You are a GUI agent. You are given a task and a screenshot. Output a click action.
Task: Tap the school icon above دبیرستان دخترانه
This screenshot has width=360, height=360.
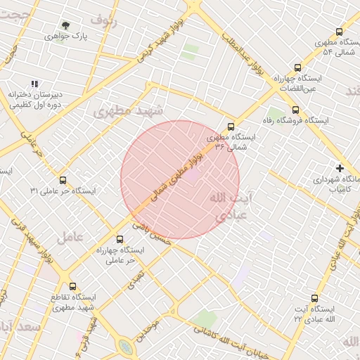click(35, 84)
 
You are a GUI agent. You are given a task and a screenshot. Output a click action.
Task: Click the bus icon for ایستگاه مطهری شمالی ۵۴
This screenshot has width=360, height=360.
click(340, 32)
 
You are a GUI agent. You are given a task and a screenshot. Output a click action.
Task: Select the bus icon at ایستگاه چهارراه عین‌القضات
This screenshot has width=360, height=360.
click(297, 68)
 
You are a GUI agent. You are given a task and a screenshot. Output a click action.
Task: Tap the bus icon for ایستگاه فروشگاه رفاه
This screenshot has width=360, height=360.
click(295, 110)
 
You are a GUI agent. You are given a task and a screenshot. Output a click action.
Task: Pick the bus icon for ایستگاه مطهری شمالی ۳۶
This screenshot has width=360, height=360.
click(231, 127)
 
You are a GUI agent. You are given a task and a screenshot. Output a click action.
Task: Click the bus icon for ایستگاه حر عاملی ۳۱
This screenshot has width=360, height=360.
click(63, 181)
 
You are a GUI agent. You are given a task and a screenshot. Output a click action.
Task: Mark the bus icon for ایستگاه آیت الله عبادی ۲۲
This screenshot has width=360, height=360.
click(314, 298)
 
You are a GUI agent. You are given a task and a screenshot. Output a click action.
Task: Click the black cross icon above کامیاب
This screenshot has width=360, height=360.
click(340, 168)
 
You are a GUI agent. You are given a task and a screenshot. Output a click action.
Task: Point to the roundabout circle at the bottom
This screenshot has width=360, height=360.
click(126, 347)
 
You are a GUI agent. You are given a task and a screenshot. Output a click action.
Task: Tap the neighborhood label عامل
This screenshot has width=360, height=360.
click(70, 236)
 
